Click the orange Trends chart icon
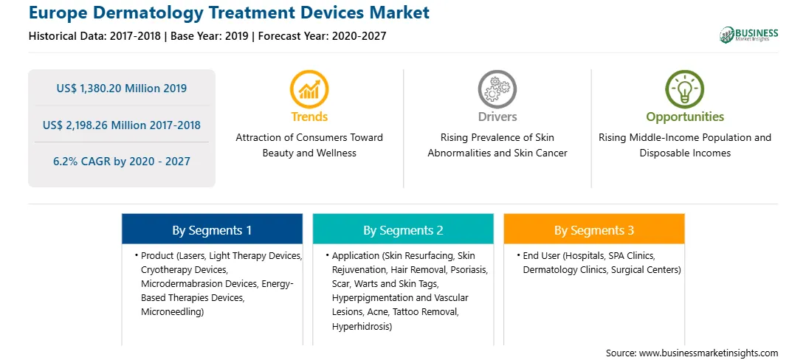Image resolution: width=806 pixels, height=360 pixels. [x=309, y=89]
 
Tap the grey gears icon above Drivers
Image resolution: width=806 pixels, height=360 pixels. [x=497, y=89]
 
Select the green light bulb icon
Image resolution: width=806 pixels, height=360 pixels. [x=685, y=89]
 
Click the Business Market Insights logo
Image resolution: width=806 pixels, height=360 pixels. [x=749, y=35]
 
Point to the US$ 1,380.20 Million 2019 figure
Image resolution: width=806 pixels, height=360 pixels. [x=121, y=89]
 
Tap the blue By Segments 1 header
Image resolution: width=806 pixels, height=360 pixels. [x=212, y=231]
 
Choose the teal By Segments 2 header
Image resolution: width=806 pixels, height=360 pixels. [x=403, y=231]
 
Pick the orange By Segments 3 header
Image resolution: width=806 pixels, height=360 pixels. [x=593, y=231]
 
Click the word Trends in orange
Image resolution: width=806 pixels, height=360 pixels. [x=309, y=117]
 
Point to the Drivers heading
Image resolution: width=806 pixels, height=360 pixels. [x=497, y=117]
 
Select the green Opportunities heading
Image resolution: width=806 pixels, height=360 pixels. [x=685, y=117]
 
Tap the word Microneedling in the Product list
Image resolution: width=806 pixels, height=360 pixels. [x=172, y=312]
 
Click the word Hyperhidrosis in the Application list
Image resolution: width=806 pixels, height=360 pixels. [x=362, y=326]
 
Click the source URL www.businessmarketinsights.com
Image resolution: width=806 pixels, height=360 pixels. [x=709, y=353]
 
